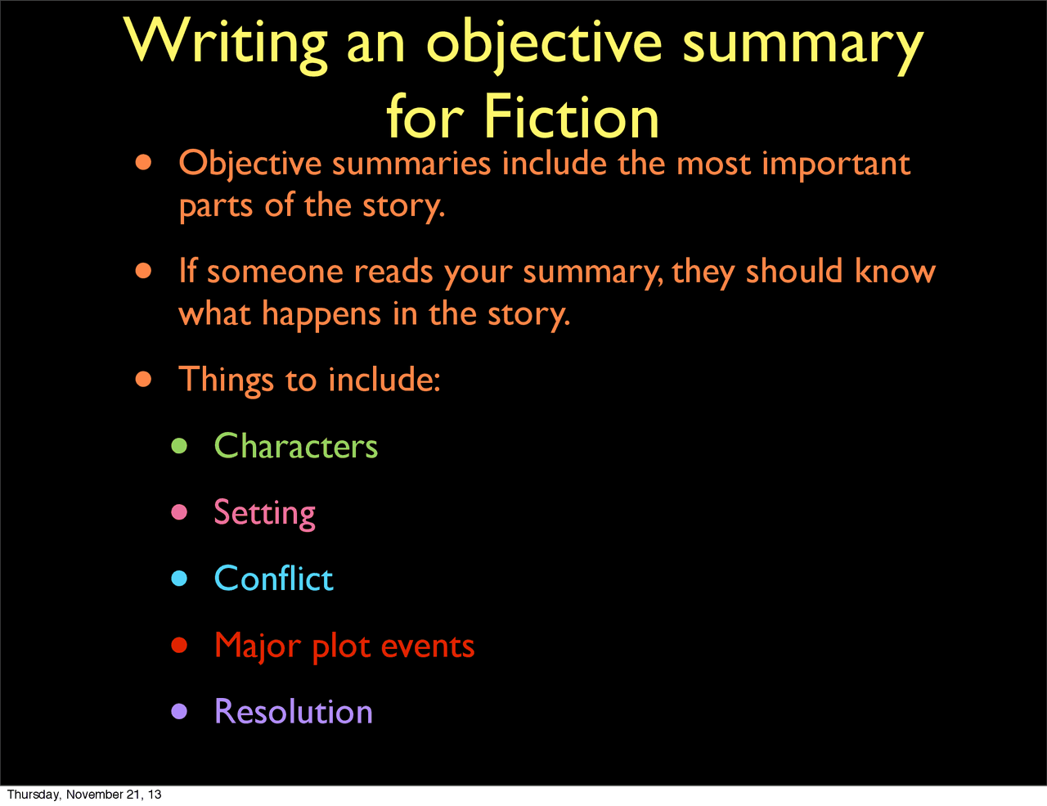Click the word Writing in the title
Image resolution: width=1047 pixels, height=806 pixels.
pyautogui.click(x=227, y=43)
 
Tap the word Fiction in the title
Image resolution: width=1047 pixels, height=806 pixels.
pyautogui.click(x=571, y=117)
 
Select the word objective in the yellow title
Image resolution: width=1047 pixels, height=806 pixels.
pyautogui.click(x=544, y=43)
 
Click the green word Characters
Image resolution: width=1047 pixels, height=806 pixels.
pyautogui.click(x=295, y=446)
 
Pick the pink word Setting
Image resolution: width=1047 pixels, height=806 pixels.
pyautogui.click(x=264, y=513)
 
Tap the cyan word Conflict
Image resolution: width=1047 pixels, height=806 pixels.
pyautogui.click(x=273, y=579)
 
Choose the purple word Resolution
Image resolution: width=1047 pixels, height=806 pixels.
pyautogui.click(x=293, y=711)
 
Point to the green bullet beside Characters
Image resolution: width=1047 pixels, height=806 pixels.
pyautogui.click(x=179, y=446)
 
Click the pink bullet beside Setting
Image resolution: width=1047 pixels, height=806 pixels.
pyautogui.click(x=179, y=513)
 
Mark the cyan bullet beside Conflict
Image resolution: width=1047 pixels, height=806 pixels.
pyautogui.click(x=179, y=579)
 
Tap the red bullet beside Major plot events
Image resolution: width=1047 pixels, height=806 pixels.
pyautogui.click(x=179, y=646)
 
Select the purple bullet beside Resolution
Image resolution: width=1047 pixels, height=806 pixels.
pyautogui.click(x=179, y=711)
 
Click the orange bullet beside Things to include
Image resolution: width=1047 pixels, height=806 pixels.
pyautogui.click(x=144, y=379)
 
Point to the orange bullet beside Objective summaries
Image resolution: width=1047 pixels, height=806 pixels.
pyautogui.click(x=144, y=163)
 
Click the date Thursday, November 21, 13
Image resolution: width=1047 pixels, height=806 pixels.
pyautogui.click(x=84, y=795)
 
